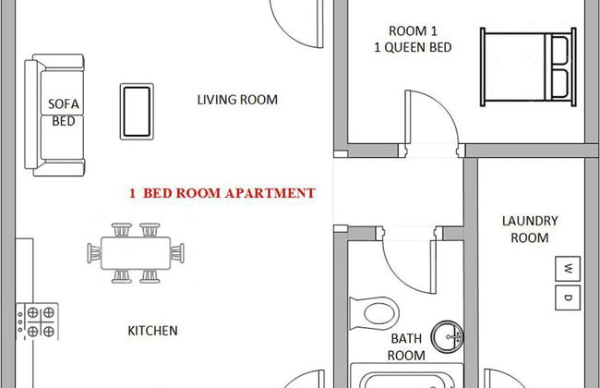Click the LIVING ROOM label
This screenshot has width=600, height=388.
tap(237, 100)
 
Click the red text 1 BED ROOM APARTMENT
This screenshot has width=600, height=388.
tap(222, 194)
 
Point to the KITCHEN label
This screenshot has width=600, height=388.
tap(152, 330)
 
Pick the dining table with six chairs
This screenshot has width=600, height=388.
tap(135, 250)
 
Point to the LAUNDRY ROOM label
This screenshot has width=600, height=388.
tap(530, 229)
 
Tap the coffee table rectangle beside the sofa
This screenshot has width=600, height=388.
tap(136, 111)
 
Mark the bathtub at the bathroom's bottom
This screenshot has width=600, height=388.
tap(406, 379)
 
